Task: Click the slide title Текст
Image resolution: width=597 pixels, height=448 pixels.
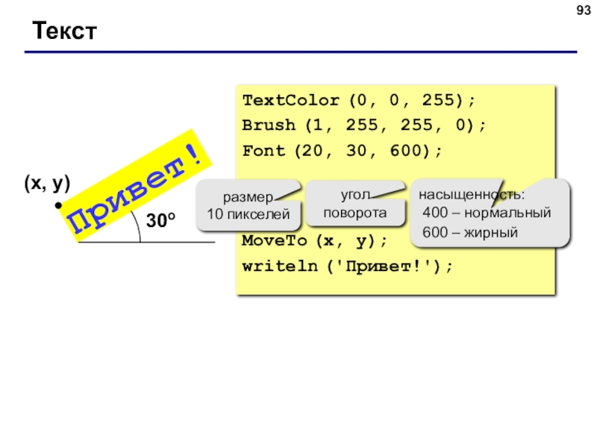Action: tap(64, 31)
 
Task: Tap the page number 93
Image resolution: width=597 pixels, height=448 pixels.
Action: tap(584, 10)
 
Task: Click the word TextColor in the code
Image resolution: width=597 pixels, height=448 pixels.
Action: tap(290, 100)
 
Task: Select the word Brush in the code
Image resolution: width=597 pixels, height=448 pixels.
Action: tap(269, 125)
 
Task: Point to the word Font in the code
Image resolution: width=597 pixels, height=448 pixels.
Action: tap(263, 151)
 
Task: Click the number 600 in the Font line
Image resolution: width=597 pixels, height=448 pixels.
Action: tap(406, 151)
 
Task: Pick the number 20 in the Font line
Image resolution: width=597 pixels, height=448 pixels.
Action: tap(312, 151)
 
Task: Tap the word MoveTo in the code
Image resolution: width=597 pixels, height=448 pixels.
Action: tap(274, 240)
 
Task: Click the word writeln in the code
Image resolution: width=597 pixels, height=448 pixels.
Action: tap(280, 266)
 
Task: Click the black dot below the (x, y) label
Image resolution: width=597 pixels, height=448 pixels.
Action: tap(58, 205)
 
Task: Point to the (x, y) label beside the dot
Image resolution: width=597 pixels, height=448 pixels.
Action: tap(47, 183)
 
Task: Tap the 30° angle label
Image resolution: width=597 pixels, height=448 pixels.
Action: tap(160, 220)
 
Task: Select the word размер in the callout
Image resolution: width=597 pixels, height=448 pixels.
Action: tap(248, 197)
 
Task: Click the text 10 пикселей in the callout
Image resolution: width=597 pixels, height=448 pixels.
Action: tap(249, 214)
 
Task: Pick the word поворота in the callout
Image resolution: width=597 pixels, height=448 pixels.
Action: tap(355, 213)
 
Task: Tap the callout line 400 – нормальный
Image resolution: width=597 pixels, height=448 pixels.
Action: tap(487, 212)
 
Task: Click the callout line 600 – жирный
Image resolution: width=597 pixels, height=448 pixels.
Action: tap(470, 232)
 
